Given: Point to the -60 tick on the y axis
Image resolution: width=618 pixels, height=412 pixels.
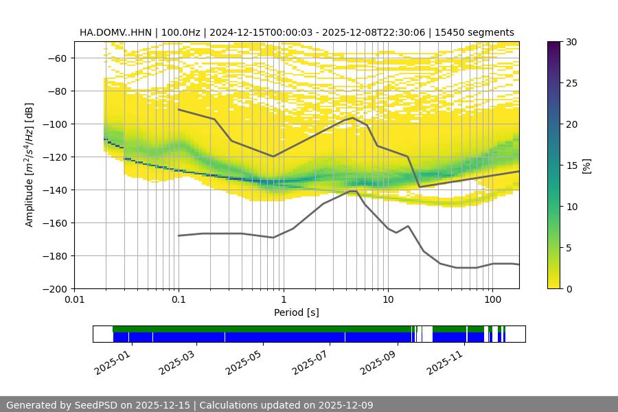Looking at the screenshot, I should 56,58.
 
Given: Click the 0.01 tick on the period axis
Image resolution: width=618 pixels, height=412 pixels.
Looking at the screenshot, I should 74,300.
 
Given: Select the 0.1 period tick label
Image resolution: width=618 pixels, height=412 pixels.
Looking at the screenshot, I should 179,300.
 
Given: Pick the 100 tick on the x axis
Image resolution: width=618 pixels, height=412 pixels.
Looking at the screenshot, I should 492,300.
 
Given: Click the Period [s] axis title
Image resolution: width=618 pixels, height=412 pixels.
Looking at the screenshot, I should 297,312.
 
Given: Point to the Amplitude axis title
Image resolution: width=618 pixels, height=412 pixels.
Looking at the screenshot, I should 29,165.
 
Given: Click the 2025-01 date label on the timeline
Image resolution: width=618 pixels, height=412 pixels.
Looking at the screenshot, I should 111,362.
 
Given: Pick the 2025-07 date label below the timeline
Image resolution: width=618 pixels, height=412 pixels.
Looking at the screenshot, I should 310,362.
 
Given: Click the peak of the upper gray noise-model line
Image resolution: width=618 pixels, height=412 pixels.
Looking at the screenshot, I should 353,117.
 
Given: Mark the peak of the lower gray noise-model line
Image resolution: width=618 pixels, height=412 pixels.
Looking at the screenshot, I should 353,191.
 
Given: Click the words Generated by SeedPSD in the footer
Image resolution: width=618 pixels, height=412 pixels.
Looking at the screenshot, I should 58,405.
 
